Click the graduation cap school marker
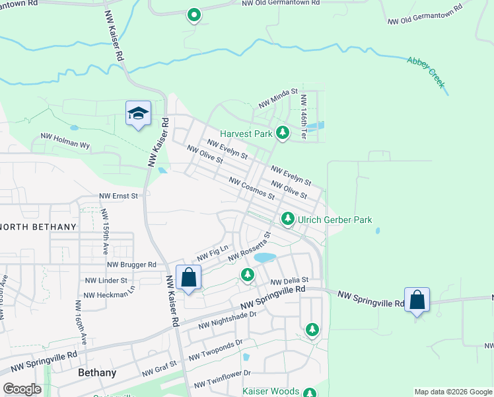[x=138, y=114]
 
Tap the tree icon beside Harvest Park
[x=283, y=133]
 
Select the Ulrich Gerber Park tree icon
[x=287, y=218]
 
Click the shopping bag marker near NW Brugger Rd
[x=188, y=278]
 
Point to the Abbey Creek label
[x=426, y=72]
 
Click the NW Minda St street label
[x=278, y=99]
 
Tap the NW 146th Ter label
[x=303, y=116]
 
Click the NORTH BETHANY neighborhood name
[x=38, y=226]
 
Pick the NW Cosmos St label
[x=252, y=188]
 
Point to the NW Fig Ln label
[x=212, y=253]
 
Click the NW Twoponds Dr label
[x=215, y=349]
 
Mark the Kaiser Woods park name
[x=271, y=391]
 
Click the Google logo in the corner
[x=22, y=389]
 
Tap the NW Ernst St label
[x=118, y=196]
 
